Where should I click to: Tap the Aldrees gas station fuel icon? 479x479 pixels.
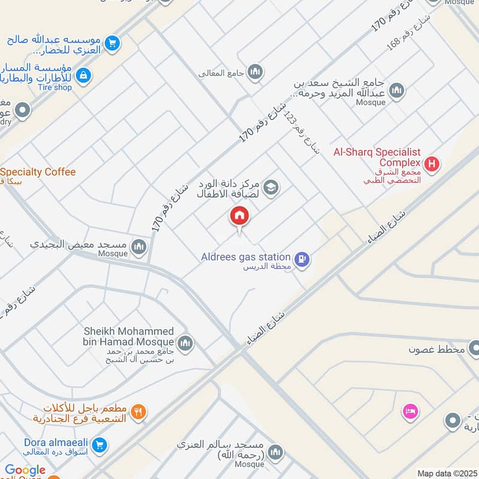[x=304, y=259]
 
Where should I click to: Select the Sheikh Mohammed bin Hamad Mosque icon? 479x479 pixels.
[x=186, y=342]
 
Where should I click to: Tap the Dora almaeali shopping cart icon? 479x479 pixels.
[x=100, y=445]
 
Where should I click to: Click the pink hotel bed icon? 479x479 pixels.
[x=411, y=411]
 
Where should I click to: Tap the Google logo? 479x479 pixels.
[x=25, y=471]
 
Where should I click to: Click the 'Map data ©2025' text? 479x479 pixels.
[x=446, y=474]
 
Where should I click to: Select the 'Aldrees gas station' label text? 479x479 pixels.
[x=246, y=257]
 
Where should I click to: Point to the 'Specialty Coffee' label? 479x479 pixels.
[x=39, y=172]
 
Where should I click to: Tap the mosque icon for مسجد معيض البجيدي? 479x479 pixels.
[x=139, y=247]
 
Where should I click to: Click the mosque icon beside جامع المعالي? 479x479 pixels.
[x=256, y=72]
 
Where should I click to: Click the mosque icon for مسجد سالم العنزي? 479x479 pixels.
[x=275, y=451]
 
